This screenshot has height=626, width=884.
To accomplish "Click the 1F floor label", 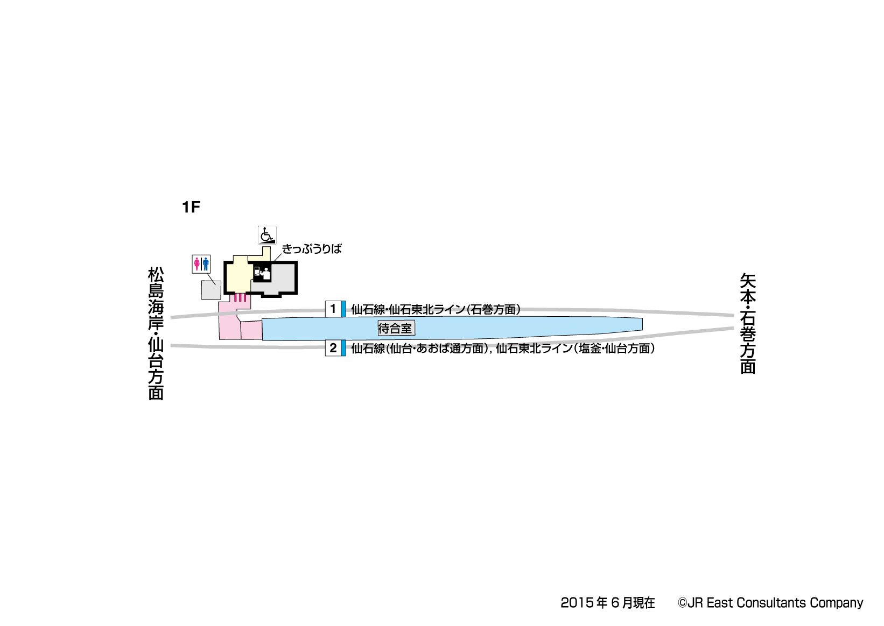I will pyautogui.click(x=191, y=207).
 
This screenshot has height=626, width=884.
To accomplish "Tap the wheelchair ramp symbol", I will pyautogui.click(x=267, y=235).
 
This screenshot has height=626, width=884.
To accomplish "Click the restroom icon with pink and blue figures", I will pyautogui.click(x=201, y=264).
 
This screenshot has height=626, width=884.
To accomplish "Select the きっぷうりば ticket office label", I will pyautogui.click(x=312, y=249).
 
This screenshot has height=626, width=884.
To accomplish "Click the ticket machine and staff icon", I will pyautogui.click(x=262, y=273).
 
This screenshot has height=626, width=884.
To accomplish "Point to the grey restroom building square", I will pyautogui.click(x=211, y=290).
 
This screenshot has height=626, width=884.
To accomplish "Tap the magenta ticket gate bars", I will pyautogui.click(x=240, y=297).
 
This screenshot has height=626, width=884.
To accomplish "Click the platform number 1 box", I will pyautogui.click(x=333, y=309).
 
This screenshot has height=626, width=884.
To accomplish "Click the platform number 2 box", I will pyautogui.click(x=333, y=348).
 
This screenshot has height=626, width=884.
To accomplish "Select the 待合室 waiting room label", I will pyautogui.click(x=395, y=328).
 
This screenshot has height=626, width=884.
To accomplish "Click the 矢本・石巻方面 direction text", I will pyautogui.click(x=748, y=323).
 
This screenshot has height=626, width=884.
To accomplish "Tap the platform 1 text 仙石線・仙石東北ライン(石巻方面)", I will pyautogui.click(x=436, y=309).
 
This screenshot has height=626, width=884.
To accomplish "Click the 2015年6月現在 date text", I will pyautogui.click(x=607, y=603).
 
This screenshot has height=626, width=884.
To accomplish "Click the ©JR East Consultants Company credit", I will pyautogui.click(x=770, y=603).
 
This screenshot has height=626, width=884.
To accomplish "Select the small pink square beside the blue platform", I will pyautogui.click(x=251, y=330).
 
